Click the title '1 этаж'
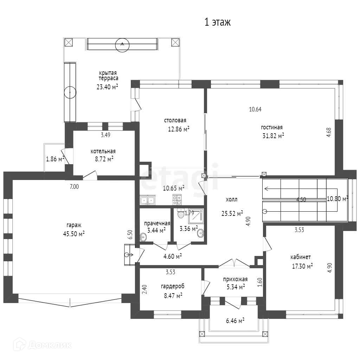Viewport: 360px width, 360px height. [217, 22]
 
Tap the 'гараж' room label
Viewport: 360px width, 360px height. [74, 225]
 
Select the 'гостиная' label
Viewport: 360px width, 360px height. [272, 127]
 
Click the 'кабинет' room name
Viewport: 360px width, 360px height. [301, 257]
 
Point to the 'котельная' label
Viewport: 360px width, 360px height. [103, 151]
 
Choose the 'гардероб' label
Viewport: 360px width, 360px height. [173, 286]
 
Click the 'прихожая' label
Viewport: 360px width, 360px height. [235, 279]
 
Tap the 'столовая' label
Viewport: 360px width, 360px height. [175, 120]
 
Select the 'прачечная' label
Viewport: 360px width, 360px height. [157, 223]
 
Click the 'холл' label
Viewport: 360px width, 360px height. [232, 200]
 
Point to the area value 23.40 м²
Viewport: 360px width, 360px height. [107, 87]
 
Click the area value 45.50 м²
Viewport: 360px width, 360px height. [74, 234]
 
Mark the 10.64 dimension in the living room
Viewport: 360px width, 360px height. [255, 109]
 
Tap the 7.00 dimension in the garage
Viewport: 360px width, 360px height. [74, 187]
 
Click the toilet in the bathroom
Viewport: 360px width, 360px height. [181, 214]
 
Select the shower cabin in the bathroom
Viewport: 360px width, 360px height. [196, 216]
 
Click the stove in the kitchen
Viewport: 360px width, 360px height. [177, 200]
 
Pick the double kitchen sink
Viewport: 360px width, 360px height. [148, 200]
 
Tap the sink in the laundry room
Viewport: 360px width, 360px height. [143, 237]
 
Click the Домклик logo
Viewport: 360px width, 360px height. [43, 345]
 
